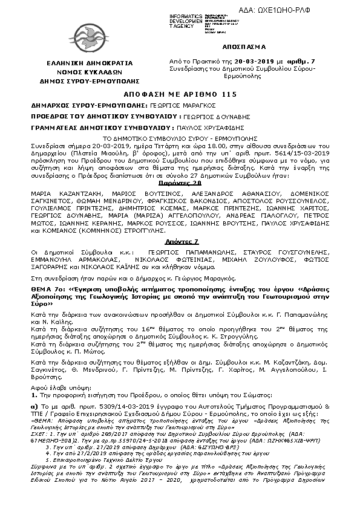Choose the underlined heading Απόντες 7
(179, 240)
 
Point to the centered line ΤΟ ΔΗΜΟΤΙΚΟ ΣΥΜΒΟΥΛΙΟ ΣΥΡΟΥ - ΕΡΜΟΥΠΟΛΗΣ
(179, 138)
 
